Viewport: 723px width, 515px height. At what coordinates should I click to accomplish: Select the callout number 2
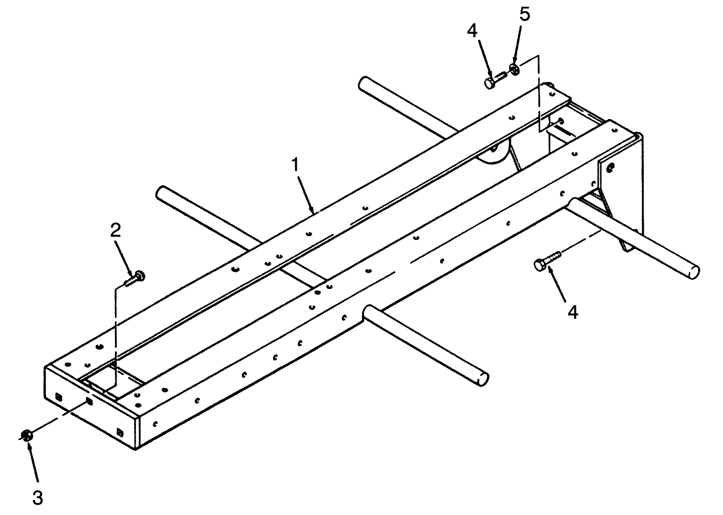pos(115,230)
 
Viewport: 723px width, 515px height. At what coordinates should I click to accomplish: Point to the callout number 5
pos(525,14)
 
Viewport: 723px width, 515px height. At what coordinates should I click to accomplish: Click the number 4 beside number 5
pos(472,31)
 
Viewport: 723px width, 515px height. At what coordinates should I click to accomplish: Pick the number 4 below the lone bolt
pos(573,312)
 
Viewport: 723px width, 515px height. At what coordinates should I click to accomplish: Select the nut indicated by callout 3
pos(26,436)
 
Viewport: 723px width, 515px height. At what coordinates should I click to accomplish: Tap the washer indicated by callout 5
pos(514,69)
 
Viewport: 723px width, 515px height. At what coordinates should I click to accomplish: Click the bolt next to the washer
pos(496,79)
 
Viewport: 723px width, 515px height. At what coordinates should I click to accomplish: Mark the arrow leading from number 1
pos(306,195)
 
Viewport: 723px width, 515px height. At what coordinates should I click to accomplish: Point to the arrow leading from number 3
pos(34,462)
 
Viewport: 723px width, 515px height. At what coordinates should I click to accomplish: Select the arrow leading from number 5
pos(518,46)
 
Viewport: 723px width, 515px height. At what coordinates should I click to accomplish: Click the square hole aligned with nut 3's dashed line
pos(89,402)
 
